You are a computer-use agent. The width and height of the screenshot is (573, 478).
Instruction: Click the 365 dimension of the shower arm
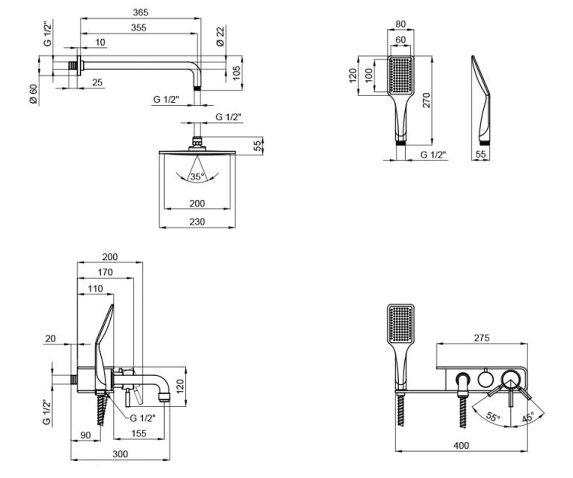tap(140, 12)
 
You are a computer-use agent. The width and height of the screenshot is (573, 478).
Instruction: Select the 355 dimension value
tap(138, 28)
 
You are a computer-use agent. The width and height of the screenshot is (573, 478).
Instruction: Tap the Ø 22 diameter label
tap(220, 36)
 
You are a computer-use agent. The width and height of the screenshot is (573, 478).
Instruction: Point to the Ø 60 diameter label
tap(33, 94)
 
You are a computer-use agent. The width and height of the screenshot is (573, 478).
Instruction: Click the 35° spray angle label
tap(197, 176)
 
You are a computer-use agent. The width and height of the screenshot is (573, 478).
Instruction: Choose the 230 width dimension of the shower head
tap(197, 222)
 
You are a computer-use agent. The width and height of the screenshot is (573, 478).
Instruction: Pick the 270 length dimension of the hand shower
tap(426, 100)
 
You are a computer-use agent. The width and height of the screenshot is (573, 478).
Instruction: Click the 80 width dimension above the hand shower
tap(401, 24)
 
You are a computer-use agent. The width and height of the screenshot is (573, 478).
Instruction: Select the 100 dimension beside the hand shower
tap(370, 75)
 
